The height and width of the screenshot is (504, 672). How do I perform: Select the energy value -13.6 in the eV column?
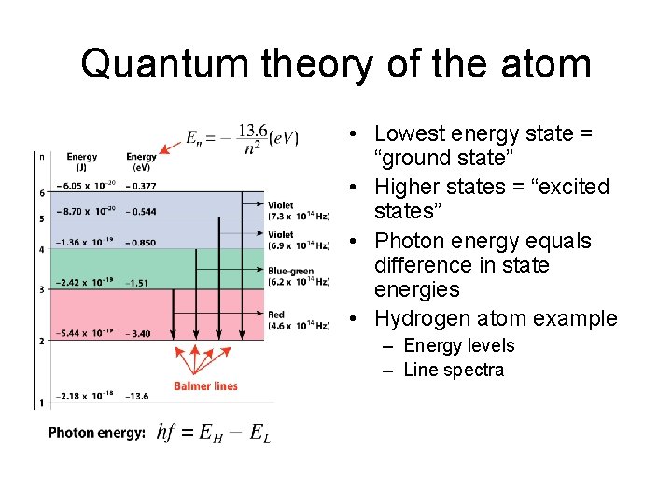click(x=139, y=395)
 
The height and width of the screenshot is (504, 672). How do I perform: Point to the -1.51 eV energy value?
click(x=139, y=282)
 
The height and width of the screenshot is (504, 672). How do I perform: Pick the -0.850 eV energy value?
click(x=143, y=243)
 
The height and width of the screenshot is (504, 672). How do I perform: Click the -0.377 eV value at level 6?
click(x=143, y=186)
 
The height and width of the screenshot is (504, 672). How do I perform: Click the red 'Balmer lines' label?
click(x=205, y=385)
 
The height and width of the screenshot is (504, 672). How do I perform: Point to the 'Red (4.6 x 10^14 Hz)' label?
click(x=298, y=320)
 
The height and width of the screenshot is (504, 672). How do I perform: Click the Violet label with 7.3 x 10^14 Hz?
click(x=298, y=211)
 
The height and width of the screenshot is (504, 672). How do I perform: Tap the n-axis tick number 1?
click(x=41, y=402)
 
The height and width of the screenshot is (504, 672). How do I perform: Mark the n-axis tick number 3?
click(x=41, y=290)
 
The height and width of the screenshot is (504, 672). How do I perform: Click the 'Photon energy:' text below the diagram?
click(x=97, y=433)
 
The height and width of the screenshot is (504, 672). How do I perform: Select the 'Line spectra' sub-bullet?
click(x=454, y=370)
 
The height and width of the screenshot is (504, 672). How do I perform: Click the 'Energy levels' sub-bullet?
click(x=459, y=345)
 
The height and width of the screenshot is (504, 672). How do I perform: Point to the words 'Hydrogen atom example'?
click(x=496, y=318)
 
